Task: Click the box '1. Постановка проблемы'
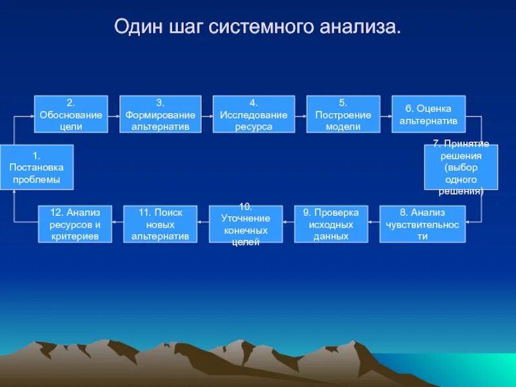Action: point(37,167)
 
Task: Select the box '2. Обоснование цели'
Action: point(70,114)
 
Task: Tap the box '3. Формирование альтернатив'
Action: point(160,114)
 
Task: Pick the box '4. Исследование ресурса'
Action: point(253,114)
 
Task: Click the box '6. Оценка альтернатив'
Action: point(428,114)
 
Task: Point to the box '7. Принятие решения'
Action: point(461,167)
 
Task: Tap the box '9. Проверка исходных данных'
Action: point(331,224)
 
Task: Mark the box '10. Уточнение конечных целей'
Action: point(245,224)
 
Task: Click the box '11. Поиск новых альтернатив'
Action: point(160,224)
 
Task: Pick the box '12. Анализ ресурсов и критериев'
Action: point(75,224)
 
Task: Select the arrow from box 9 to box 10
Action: point(288,223)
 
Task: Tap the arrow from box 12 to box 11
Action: point(117,223)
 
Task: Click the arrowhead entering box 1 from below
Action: point(14,193)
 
